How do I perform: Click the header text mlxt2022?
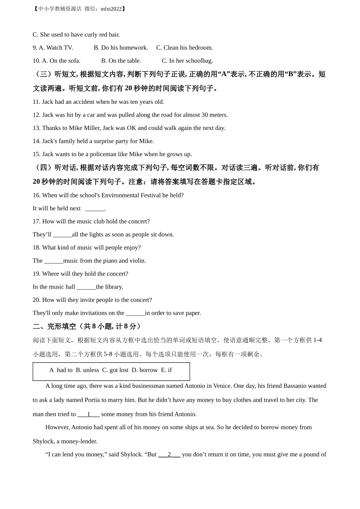coord(111,9)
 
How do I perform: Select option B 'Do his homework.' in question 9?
coord(121,48)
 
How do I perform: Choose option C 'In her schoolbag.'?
coord(187,61)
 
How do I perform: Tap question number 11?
coord(36,102)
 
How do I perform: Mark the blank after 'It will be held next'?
coord(95,208)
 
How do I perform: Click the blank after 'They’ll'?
coord(62,234)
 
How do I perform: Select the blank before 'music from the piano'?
coord(53,261)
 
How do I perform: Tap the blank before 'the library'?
coord(86,287)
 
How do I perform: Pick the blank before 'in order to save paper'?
coord(135,313)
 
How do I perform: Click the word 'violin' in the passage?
coord(136,261)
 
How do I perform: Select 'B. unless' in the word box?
coord(87,370)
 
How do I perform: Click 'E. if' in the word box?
coord(166,370)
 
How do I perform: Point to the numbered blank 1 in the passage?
coord(88,414)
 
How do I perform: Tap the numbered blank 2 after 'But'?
coord(169,454)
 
